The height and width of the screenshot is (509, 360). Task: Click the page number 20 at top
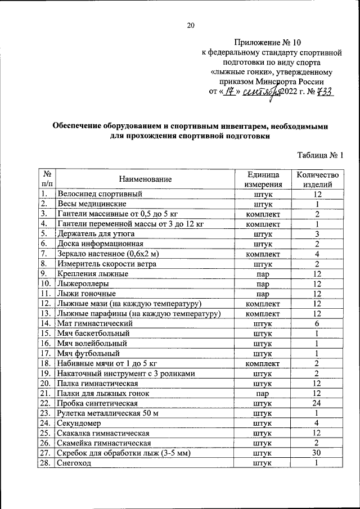click(x=190, y=25)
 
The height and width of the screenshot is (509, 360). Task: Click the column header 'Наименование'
click(x=145, y=179)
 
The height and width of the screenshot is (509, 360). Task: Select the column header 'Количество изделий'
click(x=318, y=179)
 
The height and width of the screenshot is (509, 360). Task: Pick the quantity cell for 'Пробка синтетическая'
click(x=317, y=403)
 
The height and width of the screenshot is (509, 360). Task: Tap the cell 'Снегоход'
click(x=74, y=463)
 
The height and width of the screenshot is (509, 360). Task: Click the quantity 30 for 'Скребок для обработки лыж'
click(x=317, y=453)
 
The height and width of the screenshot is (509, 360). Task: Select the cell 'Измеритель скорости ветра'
click(x=106, y=263)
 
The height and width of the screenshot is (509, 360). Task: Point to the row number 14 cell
click(x=46, y=323)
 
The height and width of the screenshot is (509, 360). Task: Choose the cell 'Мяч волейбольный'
click(x=92, y=343)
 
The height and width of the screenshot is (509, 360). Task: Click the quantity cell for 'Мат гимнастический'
click(x=317, y=323)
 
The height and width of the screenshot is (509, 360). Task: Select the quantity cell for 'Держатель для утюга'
click(x=317, y=233)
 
